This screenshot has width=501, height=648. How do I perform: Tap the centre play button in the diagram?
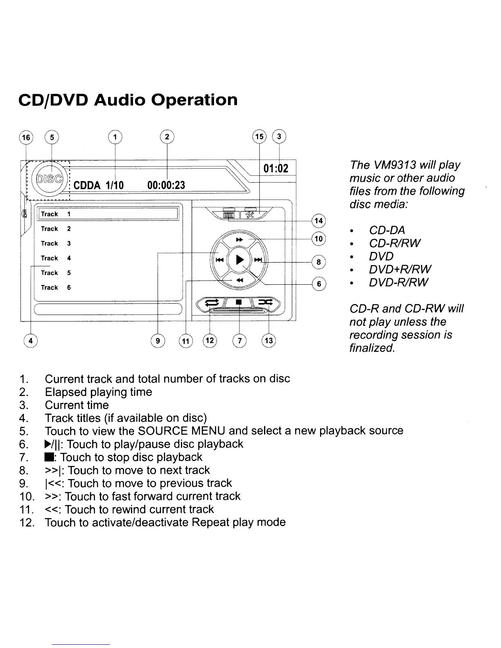coord(240,259)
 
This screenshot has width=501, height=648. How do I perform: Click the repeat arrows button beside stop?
coord(212,303)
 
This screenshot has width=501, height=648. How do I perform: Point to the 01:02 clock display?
coord(276,169)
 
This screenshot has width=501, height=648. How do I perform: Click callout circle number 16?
coord(26,137)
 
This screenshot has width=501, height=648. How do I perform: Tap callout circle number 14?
coord(319,220)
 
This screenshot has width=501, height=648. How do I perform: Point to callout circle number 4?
coord(31,340)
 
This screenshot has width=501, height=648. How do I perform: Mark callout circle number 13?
coord(269,340)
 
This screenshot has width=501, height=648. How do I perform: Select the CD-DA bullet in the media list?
coord(387,230)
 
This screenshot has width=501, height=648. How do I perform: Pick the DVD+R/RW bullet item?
coord(400,269)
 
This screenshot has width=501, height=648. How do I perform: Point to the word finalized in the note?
coord(372,348)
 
